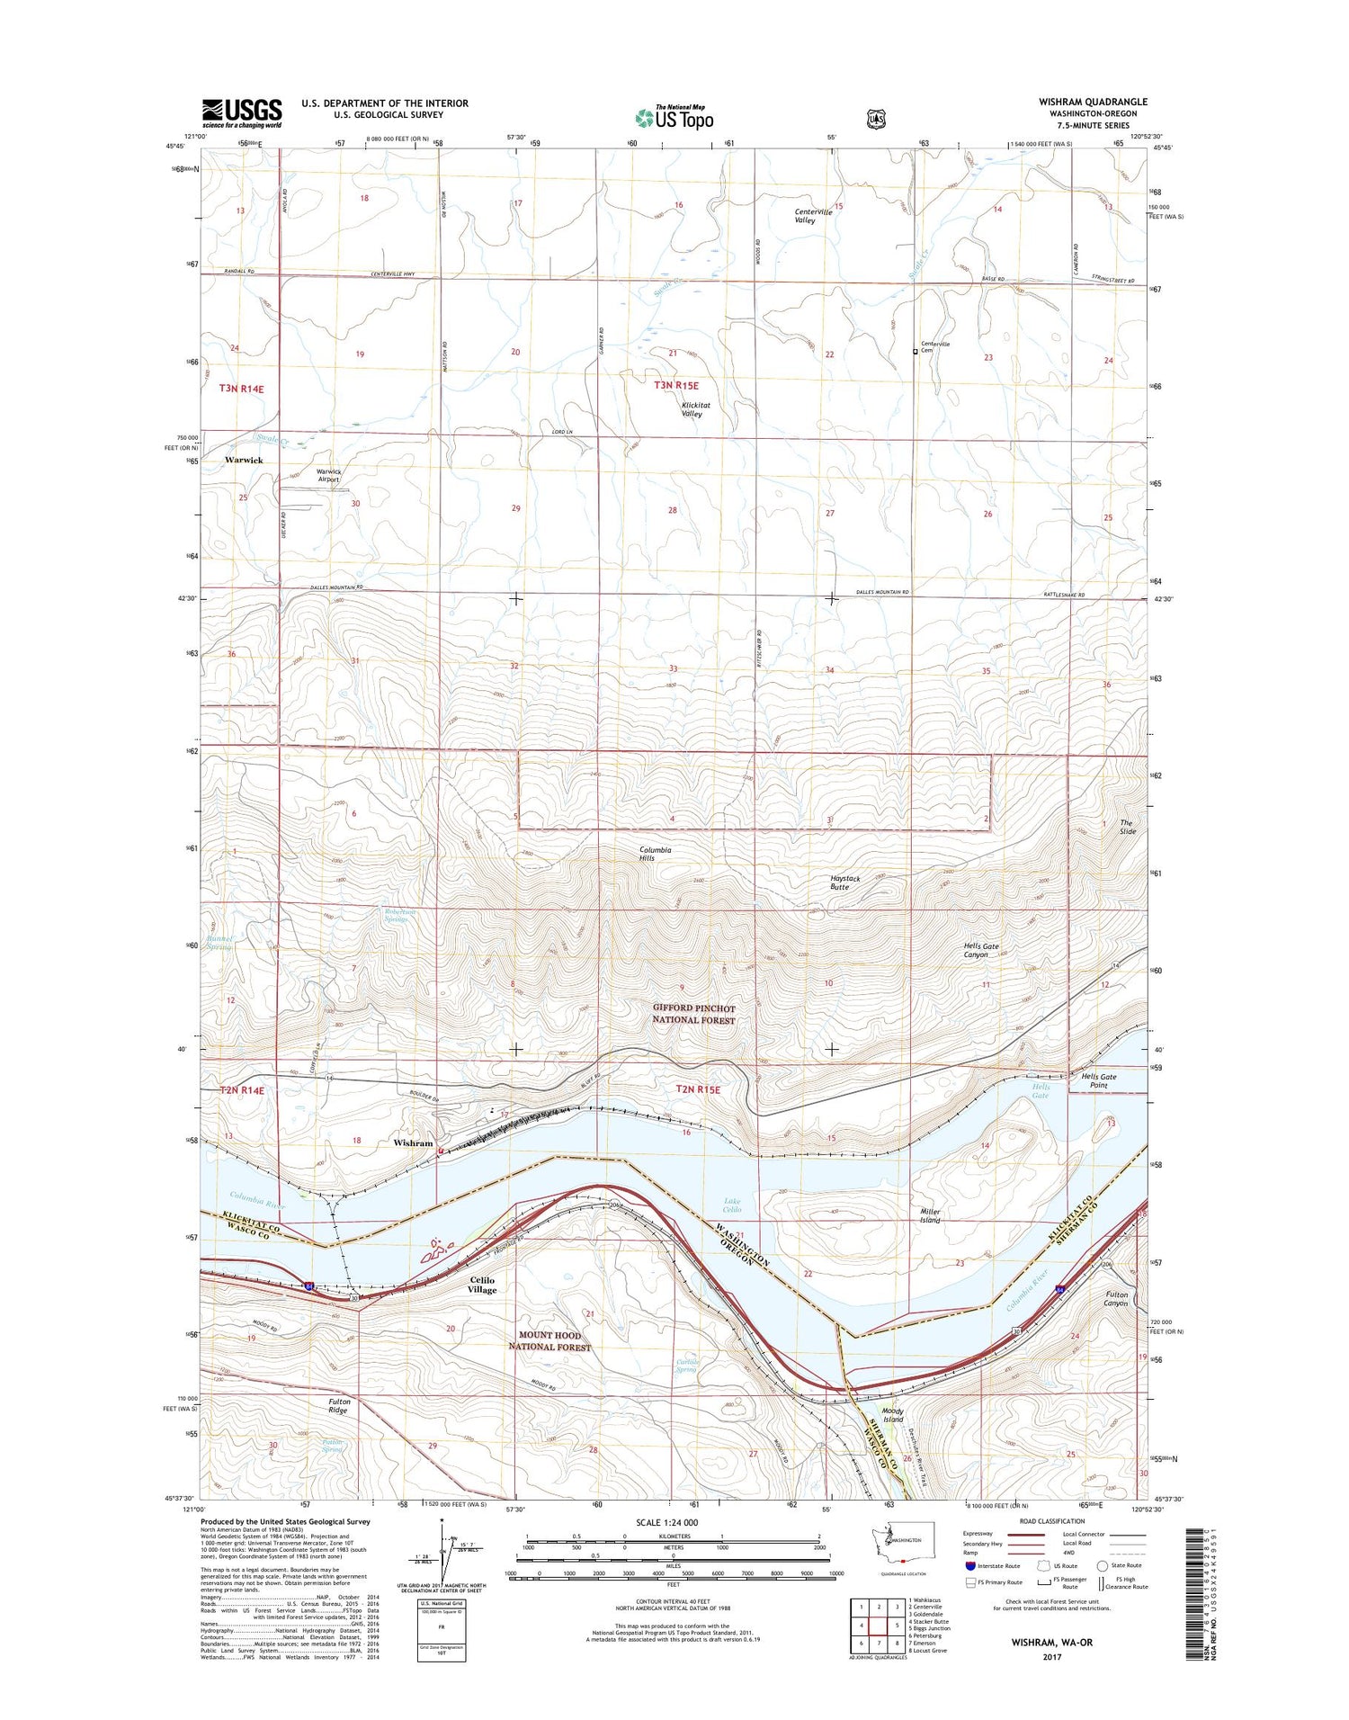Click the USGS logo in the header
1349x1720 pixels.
tap(241, 112)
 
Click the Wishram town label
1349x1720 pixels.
tap(413, 1143)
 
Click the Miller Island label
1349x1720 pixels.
tap(930, 1216)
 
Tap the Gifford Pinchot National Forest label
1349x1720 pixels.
tap(706, 1014)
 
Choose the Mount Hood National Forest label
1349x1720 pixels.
tap(549, 1341)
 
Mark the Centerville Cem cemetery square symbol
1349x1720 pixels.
tap(916, 352)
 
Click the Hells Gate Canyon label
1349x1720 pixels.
tap(977, 950)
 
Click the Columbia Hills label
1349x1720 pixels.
tap(655, 854)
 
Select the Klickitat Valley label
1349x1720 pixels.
tap(691, 409)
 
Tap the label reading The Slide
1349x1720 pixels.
tap(1128, 827)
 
